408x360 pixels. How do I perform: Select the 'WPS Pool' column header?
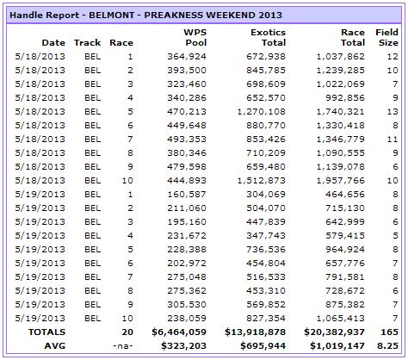(195, 37)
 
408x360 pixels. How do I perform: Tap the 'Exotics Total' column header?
(268, 37)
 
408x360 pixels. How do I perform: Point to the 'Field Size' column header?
(386, 37)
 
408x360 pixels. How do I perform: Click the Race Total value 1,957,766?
(340, 181)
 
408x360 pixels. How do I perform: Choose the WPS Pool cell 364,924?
(187, 57)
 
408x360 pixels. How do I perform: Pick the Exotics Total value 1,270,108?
(261, 112)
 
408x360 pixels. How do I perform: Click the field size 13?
(393, 112)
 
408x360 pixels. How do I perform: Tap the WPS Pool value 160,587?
(187, 195)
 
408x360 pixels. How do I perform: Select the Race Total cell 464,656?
(345, 195)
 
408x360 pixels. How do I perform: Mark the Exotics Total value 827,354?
(266, 319)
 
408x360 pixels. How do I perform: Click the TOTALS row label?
(46, 332)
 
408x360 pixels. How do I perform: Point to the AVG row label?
(55, 346)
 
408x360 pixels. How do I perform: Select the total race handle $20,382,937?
(334, 332)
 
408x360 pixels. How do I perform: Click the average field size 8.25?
(387, 346)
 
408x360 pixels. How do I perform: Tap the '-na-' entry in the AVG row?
(123, 346)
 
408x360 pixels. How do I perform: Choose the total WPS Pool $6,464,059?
(179, 332)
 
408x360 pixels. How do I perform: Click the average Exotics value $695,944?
(263, 346)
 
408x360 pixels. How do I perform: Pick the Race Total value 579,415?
(345, 236)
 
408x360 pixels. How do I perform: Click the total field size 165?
(389, 332)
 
